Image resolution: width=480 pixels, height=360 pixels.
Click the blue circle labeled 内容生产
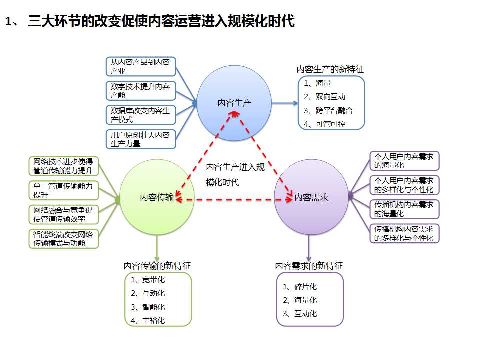[x=234, y=103]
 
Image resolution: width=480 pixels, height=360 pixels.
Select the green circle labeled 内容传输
[x=157, y=197]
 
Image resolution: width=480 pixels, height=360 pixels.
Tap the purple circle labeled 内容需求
[x=311, y=197]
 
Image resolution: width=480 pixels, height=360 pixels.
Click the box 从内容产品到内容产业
[x=141, y=66]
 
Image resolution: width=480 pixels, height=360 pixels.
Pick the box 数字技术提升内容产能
[x=141, y=91]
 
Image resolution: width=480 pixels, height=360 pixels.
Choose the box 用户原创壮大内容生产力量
[x=141, y=139]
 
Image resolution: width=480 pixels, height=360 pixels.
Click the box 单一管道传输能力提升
[x=64, y=190]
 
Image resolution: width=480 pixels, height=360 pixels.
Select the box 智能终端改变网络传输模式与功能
[x=64, y=239]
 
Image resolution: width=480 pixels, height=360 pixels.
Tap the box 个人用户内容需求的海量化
[x=404, y=161]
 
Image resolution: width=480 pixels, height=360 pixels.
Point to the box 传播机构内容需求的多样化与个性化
[x=404, y=233]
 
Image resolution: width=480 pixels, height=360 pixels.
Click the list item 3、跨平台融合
[x=328, y=110]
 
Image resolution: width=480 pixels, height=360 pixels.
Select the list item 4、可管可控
[x=324, y=124]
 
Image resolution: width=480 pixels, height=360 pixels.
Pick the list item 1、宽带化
[x=148, y=280]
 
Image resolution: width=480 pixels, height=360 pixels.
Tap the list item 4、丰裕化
[x=148, y=320]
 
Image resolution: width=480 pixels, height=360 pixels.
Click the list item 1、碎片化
[x=299, y=287]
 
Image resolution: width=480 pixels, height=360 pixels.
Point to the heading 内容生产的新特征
[x=330, y=70]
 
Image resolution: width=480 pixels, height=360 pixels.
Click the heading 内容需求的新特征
[x=309, y=266]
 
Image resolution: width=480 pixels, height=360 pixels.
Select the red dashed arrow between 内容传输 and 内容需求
[x=234, y=200]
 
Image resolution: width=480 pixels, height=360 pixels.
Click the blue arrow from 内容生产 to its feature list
[x=285, y=103]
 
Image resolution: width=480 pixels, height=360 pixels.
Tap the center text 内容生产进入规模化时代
[x=235, y=175]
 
